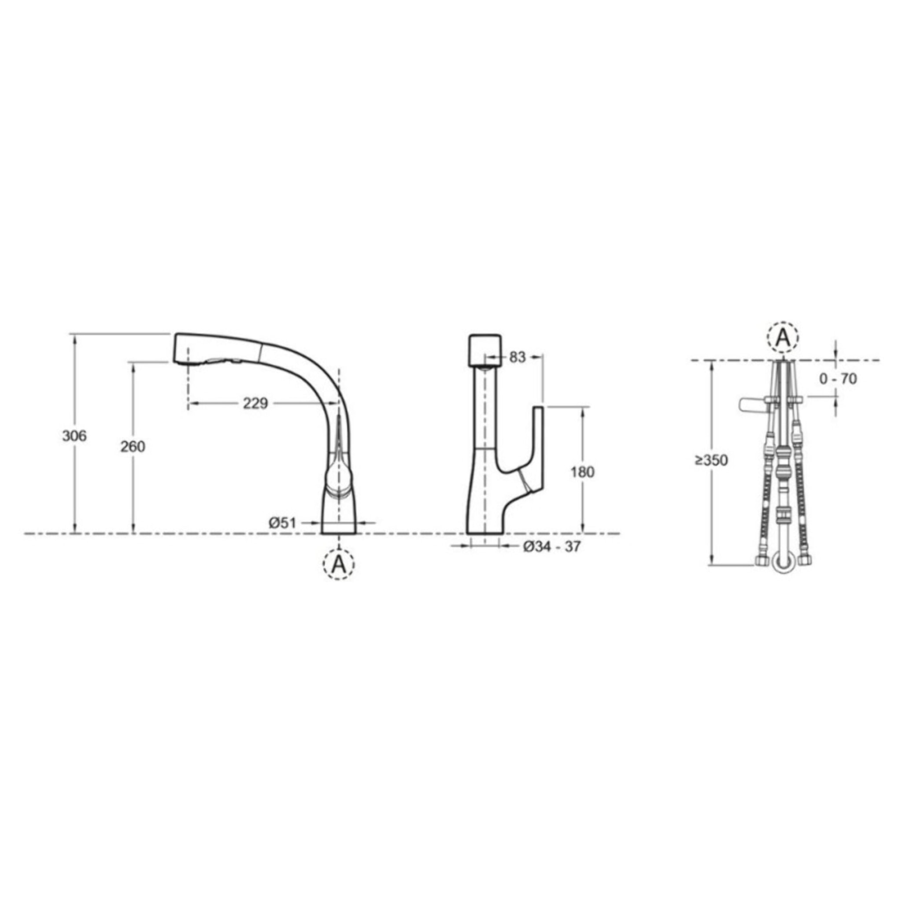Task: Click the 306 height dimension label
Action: coord(75,436)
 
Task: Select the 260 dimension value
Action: coord(133,447)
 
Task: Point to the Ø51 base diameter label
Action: coord(283,523)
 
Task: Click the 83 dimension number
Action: coord(518,358)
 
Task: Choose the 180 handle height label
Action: coord(583,472)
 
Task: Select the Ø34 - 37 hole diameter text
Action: coord(551,547)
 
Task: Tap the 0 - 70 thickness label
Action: coord(839,379)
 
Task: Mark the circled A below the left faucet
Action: coord(339,565)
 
